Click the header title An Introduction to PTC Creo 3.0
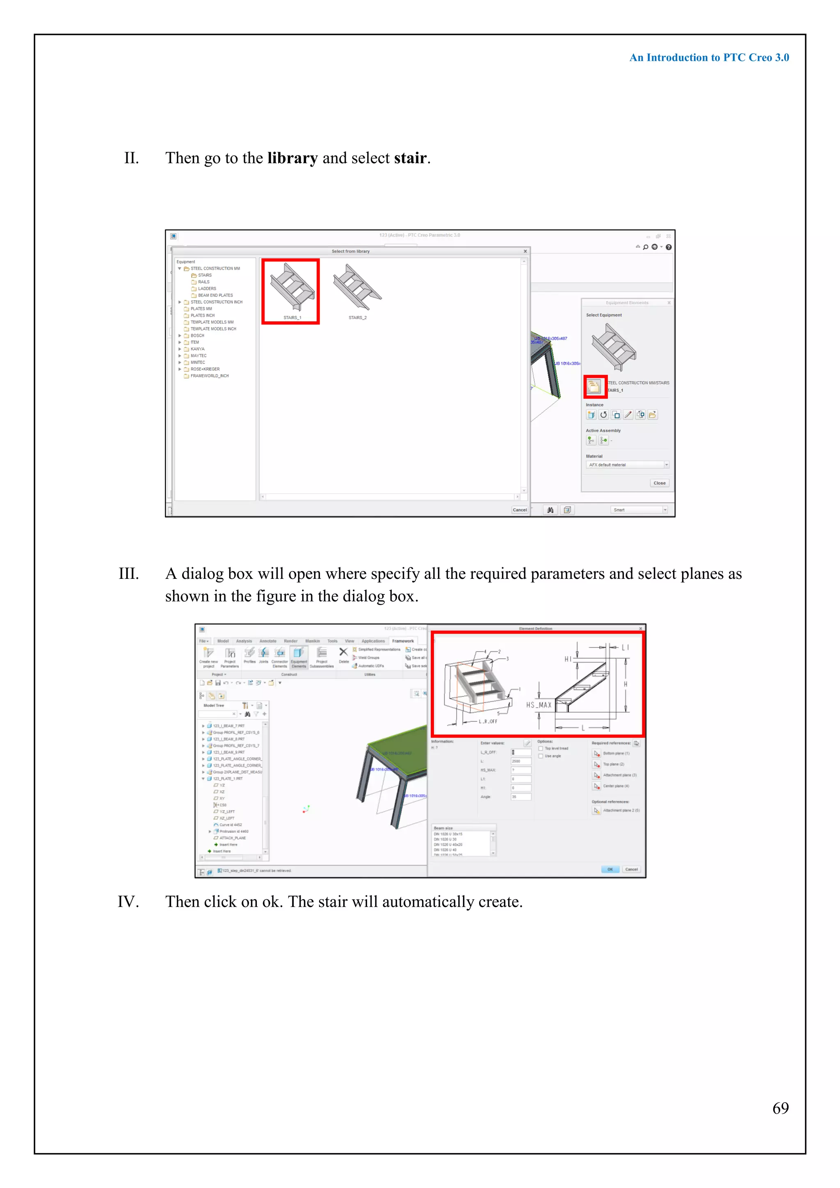[709, 57]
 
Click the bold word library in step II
[292, 158]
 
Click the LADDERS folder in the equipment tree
[207, 289]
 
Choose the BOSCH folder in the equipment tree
[197, 335]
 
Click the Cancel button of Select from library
[519, 509]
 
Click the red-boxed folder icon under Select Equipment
[595, 386]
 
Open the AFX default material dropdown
[666, 465]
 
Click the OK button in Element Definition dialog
[610, 869]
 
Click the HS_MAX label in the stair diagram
[539, 705]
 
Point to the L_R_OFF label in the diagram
[487, 721]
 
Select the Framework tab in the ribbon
[402, 641]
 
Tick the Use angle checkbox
[541, 756]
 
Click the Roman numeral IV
[128, 901]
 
